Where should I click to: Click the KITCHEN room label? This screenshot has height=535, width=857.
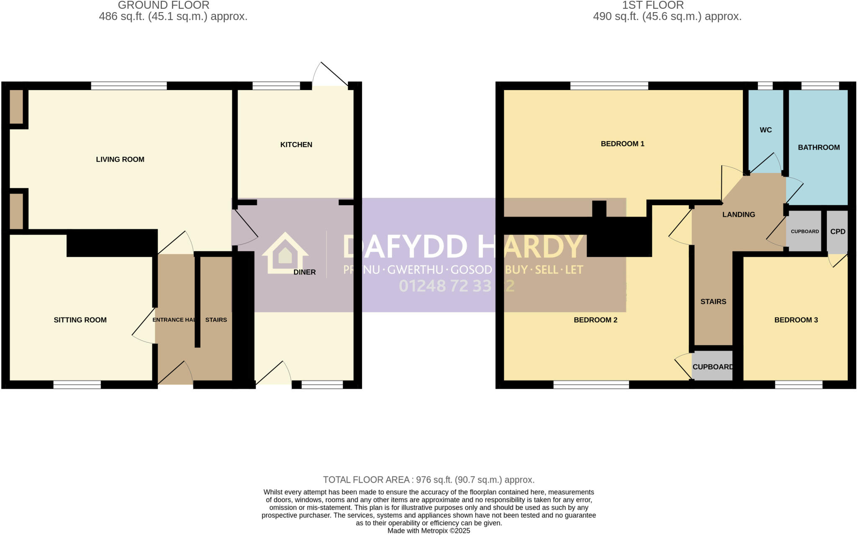point(296,145)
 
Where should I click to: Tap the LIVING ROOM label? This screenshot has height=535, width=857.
point(120,159)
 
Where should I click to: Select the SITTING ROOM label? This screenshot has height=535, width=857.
point(80,320)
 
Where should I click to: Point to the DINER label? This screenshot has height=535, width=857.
point(305,272)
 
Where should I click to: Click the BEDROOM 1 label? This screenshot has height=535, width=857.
point(622,144)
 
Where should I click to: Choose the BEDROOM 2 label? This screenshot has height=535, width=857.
point(595,320)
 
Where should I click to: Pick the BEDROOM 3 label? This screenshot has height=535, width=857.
point(796,320)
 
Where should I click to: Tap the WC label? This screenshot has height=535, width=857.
point(766,130)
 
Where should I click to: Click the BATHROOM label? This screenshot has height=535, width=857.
point(819,147)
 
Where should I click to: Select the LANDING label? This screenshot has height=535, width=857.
point(739,215)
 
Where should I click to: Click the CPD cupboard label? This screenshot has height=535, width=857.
point(838,231)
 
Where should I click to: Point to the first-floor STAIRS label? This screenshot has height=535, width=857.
point(713,301)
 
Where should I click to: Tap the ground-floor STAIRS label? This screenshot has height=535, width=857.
point(216,320)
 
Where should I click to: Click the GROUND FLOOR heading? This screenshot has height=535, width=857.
point(164,5)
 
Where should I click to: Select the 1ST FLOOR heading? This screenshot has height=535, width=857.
point(653,5)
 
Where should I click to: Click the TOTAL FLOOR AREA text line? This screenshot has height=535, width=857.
point(428,480)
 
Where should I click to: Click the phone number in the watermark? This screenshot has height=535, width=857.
point(457,286)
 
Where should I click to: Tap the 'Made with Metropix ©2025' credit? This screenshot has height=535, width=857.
point(428,531)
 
